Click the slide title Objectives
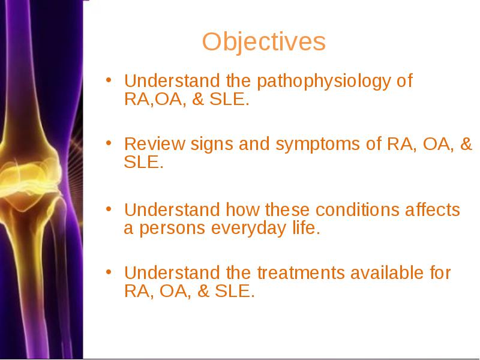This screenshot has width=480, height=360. (264, 42)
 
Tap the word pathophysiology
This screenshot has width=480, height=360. (324, 82)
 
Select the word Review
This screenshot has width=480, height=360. (155, 143)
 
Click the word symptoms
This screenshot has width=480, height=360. (318, 145)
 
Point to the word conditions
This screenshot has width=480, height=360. (357, 209)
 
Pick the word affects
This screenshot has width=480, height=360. (433, 209)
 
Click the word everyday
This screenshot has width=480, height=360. (248, 229)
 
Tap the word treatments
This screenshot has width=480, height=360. (301, 273)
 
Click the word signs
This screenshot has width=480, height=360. (212, 145)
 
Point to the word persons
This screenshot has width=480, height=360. (172, 229)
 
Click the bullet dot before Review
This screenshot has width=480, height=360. (109, 143)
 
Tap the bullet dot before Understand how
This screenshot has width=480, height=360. (109, 209)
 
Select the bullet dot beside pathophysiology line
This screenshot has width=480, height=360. (109, 80)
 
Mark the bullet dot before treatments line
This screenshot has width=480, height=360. (109, 272)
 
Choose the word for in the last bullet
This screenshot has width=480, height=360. (440, 272)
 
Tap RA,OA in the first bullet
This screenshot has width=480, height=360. (153, 99)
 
